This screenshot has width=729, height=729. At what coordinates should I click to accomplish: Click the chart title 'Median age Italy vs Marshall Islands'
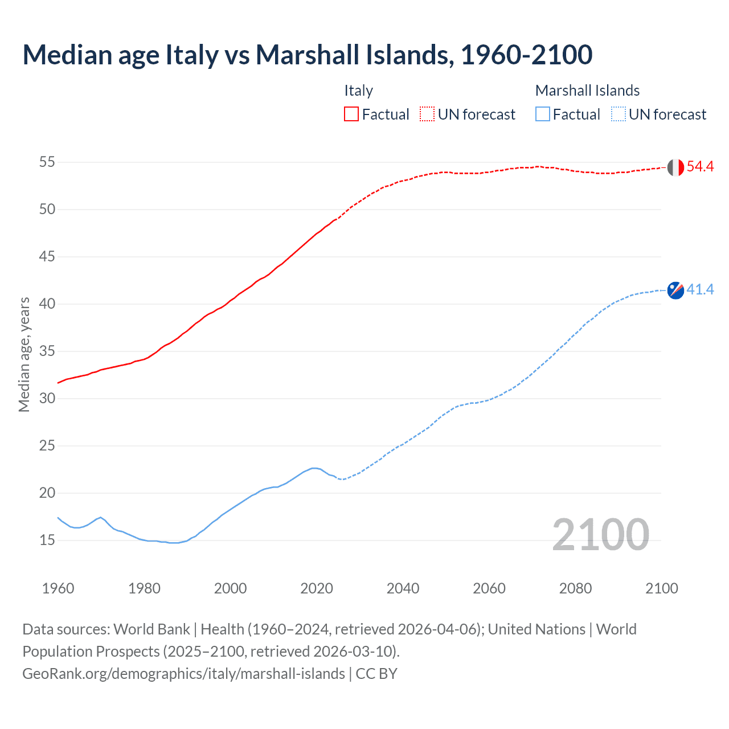pos(308,55)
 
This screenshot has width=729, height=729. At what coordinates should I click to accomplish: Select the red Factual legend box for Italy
pos(351,114)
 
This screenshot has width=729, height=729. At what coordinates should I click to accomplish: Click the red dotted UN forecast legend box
pos(427,114)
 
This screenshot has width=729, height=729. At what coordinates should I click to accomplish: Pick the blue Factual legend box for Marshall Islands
pos(543,114)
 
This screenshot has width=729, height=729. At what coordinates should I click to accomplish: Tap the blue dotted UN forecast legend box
pos(619,114)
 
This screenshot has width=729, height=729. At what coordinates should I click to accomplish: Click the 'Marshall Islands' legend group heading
pos(587,91)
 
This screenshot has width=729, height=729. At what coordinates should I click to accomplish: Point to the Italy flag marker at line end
pos(675,167)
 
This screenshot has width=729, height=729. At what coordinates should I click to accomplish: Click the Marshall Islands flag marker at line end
pos(675,290)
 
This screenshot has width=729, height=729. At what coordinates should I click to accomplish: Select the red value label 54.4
pos(700,167)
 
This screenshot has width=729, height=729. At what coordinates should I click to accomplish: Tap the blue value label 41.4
pos(700,290)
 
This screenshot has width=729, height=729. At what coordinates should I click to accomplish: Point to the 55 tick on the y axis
pos(47,162)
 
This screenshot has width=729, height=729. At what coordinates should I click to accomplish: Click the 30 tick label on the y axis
pos(47,399)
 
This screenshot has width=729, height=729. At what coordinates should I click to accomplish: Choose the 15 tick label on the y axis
pos(47,540)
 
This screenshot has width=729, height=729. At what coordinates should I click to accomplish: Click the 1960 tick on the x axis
pos(58,588)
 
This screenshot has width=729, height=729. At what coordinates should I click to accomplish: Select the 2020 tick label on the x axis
pos(317,588)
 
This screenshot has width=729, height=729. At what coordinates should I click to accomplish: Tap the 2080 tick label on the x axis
pos(575,588)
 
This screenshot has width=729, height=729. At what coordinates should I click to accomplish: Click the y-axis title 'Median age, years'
pos(24,354)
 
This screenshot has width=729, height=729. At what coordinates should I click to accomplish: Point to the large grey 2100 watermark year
pos(600,535)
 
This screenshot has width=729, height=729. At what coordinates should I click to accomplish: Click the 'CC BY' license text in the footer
pos(376,674)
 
